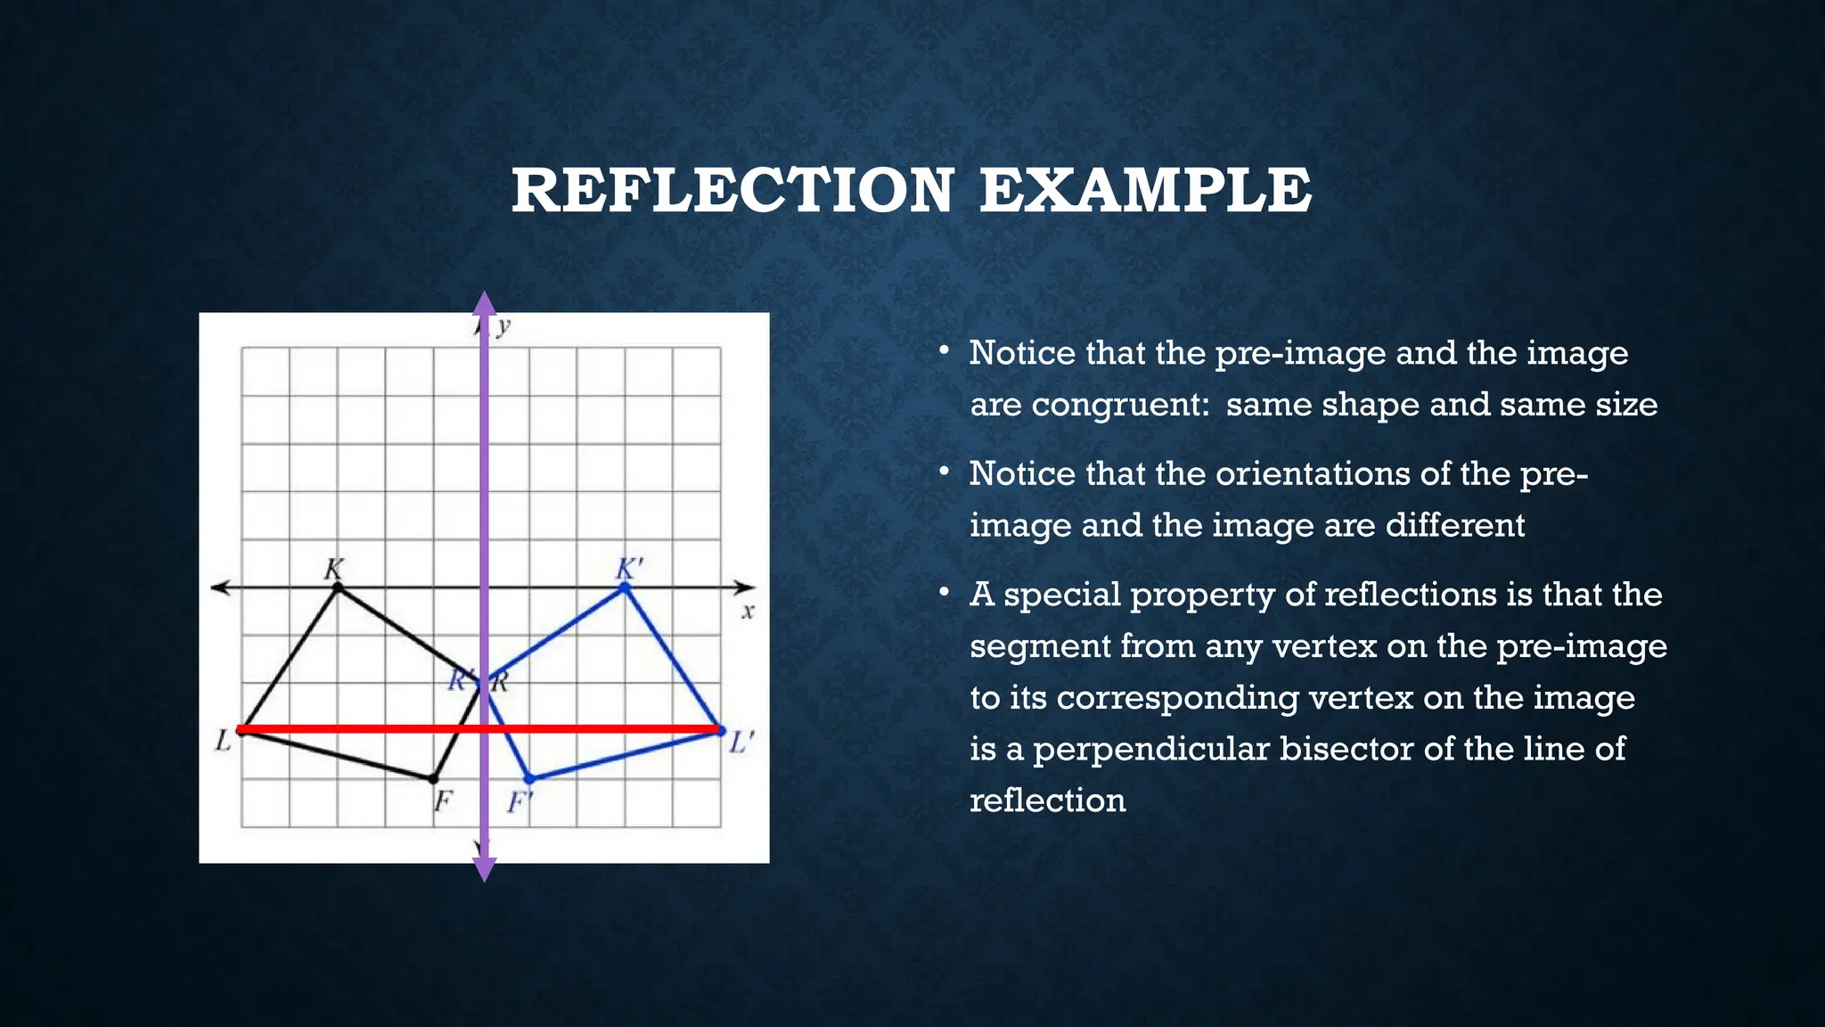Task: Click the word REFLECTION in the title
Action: tap(732, 191)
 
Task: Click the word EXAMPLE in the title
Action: tap(1145, 191)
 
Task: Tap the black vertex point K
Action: tap(337, 587)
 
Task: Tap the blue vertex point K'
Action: tap(625, 587)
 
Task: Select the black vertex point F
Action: tap(433, 778)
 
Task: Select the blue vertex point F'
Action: tap(529, 778)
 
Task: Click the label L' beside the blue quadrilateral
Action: tap(741, 743)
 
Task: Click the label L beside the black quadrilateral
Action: tap(223, 740)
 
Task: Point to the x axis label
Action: tap(748, 612)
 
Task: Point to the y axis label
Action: tap(503, 326)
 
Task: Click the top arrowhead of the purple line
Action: tap(484, 304)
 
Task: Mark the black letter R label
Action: tap(500, 683)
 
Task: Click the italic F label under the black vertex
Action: tap(443, 802)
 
